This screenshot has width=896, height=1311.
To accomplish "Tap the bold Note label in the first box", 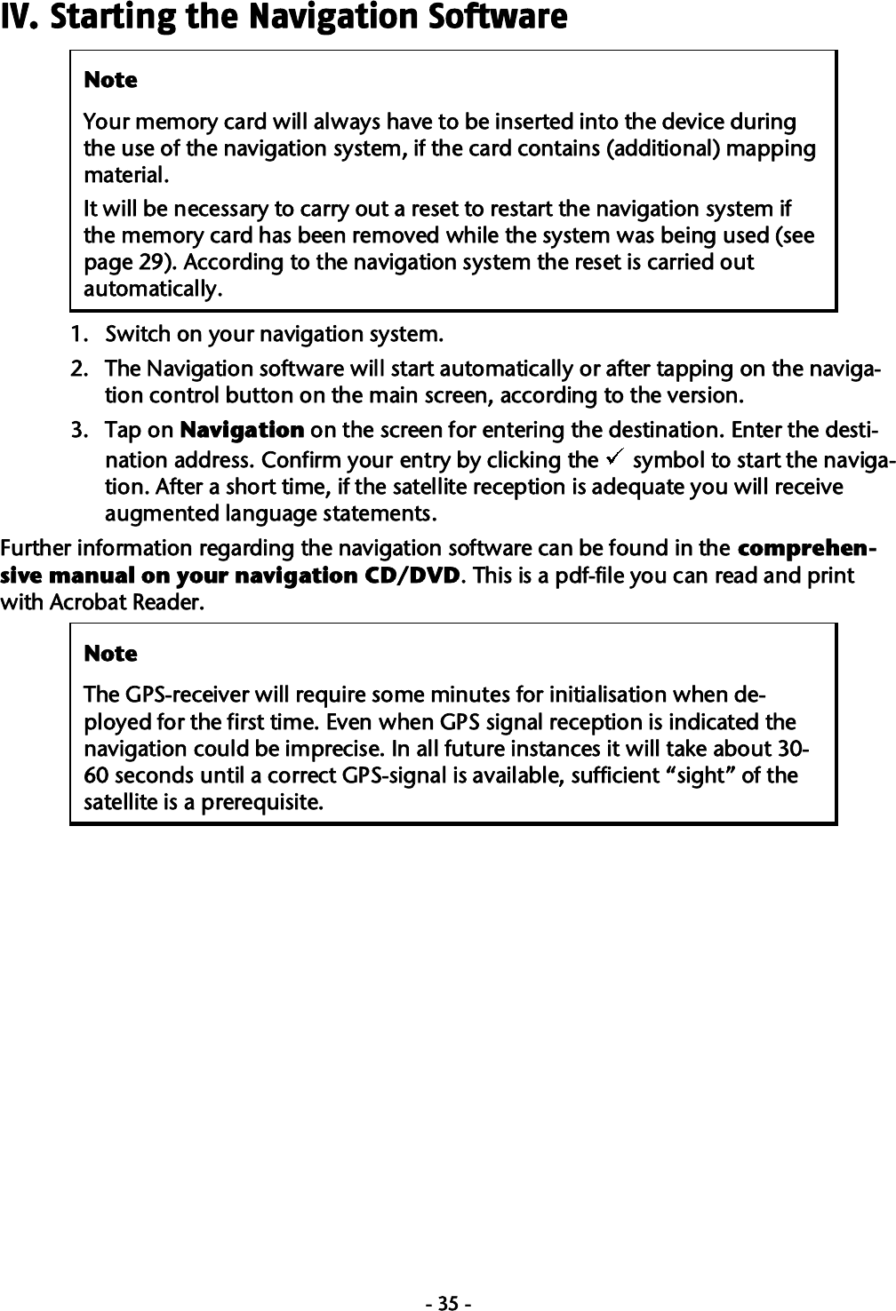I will (x=110, y=81).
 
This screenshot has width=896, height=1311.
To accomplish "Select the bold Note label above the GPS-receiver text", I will (x=110, y=655).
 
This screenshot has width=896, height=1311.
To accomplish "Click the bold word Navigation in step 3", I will (x=242, y=431).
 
